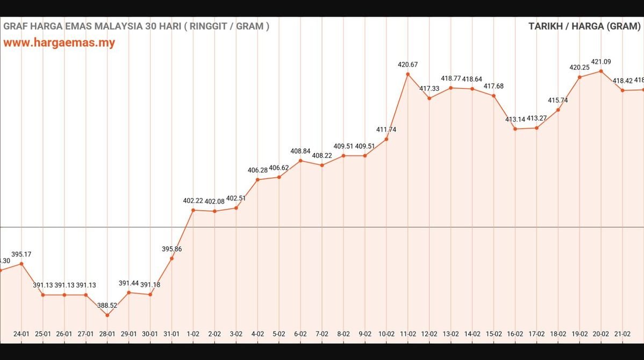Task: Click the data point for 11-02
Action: click(407, 74)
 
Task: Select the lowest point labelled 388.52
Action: click(107, 315)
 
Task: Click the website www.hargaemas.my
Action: click(59, 43)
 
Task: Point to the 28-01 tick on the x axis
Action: click(107, 334)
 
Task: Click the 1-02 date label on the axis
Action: click(193, 334)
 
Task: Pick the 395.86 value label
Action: click(171, 249)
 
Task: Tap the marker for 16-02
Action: click(515, 129)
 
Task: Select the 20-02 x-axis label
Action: click(600, 334)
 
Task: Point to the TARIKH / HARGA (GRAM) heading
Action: click(584, 26)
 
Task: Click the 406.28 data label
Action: click(257, 170)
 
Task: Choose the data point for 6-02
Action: click(300, 160)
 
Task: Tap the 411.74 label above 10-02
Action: click(386, 129)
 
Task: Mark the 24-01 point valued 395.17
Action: click(22, 263)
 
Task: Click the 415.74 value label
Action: click(558, 100)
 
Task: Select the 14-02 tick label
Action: click(472, 334)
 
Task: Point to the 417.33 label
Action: click(429, 88)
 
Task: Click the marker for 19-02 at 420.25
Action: click(579, 77)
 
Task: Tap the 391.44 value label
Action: click(128, 283)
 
